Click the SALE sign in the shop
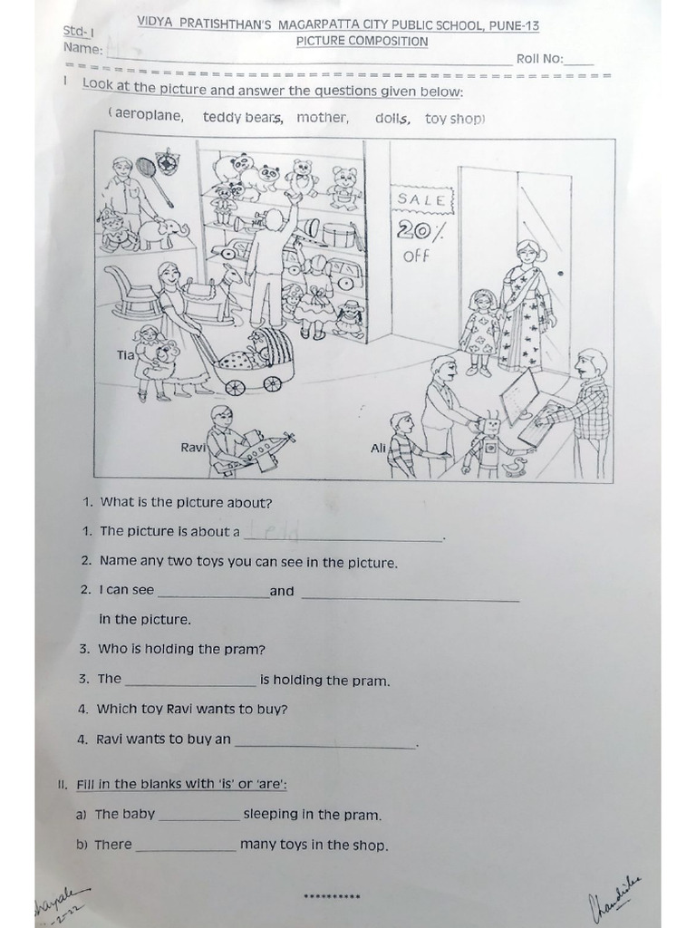[x=421, y=199]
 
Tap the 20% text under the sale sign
[x=420, y=230]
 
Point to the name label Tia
[x=125, y=354]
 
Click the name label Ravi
[x=193, y=447]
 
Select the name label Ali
[x=379, y=448]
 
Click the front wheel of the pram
[x=235, y=386]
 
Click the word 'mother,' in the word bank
[x=322, y=117]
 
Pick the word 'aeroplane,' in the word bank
[x=149, y=115]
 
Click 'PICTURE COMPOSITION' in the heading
[x=362, y=41]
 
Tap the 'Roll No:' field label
[x=540, y=59]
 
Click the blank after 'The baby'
[x=198, y=816]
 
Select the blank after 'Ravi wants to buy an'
[x=324, y=741]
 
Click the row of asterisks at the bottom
[x=333, y=897]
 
